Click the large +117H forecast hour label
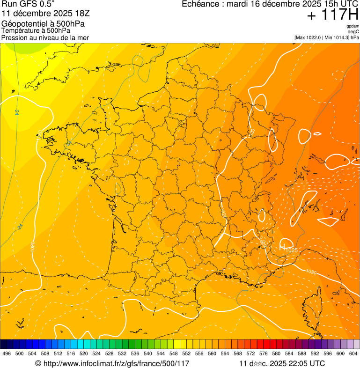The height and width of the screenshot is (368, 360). point(332,15)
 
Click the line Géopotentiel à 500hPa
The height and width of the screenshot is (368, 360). point(45,24)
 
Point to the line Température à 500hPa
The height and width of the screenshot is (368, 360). point(39,30)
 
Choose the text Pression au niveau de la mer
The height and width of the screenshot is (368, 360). point(45,37)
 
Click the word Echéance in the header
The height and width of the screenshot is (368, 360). point(201,4)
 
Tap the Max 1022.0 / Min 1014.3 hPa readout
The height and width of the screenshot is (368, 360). point(327,37)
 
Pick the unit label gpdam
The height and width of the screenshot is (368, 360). point(353,26)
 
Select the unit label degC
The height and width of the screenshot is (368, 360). point(353,32)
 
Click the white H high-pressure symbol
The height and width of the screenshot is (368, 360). point(282,245)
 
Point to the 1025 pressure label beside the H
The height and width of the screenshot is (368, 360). point(292,250)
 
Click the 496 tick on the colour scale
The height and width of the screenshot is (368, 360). point(7,353)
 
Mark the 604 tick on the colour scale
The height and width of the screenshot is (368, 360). point(353,353)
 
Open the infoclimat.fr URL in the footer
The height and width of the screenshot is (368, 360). point(116,363)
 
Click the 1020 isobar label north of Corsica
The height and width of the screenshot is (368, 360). point(311,272)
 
